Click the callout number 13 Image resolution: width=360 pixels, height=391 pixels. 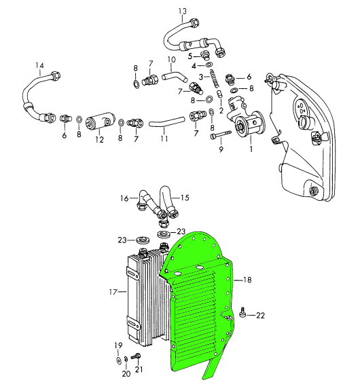tap(182, 12)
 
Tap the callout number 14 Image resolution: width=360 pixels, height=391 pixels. tap(39, 66)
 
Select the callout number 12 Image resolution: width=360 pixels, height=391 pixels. tap(99, 140)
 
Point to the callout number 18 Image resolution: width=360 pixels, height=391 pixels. tap(247, 280)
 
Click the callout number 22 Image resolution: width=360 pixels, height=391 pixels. tap(260, 316)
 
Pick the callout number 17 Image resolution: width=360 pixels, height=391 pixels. tap(113, 291)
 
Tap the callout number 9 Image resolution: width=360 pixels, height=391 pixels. tap(221, 149)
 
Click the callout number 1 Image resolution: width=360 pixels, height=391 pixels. tap(251, 149)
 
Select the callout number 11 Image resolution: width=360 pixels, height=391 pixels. tap(164, 138)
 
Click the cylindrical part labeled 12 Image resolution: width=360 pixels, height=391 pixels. tap(101, 122)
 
